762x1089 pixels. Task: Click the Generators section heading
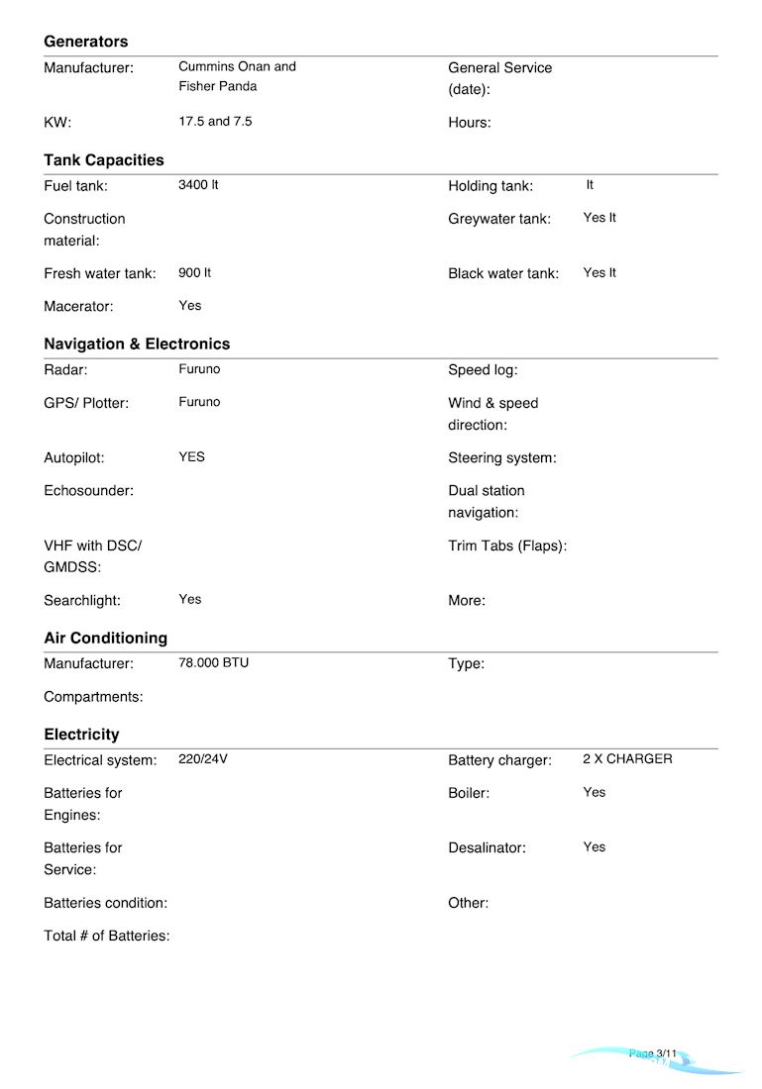(86, 42)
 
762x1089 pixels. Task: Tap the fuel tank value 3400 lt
(198, 185)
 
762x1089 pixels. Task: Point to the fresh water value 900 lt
(194, 272)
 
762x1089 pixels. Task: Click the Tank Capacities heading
(104, 160)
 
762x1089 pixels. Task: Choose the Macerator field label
(78, 307)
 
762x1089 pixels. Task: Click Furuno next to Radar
(199, 369)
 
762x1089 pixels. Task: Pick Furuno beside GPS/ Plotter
(199, 402)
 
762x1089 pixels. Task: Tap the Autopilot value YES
(191, 457)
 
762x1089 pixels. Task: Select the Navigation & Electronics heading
(137, 345)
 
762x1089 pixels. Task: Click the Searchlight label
(82, 600)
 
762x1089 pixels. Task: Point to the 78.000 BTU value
(213, 662)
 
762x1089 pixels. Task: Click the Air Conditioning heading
(106, 639)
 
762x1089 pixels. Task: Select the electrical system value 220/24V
(203, 759)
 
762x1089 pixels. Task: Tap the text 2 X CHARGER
(627, 759)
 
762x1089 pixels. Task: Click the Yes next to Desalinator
(594, 847)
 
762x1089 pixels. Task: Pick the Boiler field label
(469, 793)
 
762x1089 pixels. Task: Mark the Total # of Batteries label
(107, 936)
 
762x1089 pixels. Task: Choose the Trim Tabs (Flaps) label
(507, 545)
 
